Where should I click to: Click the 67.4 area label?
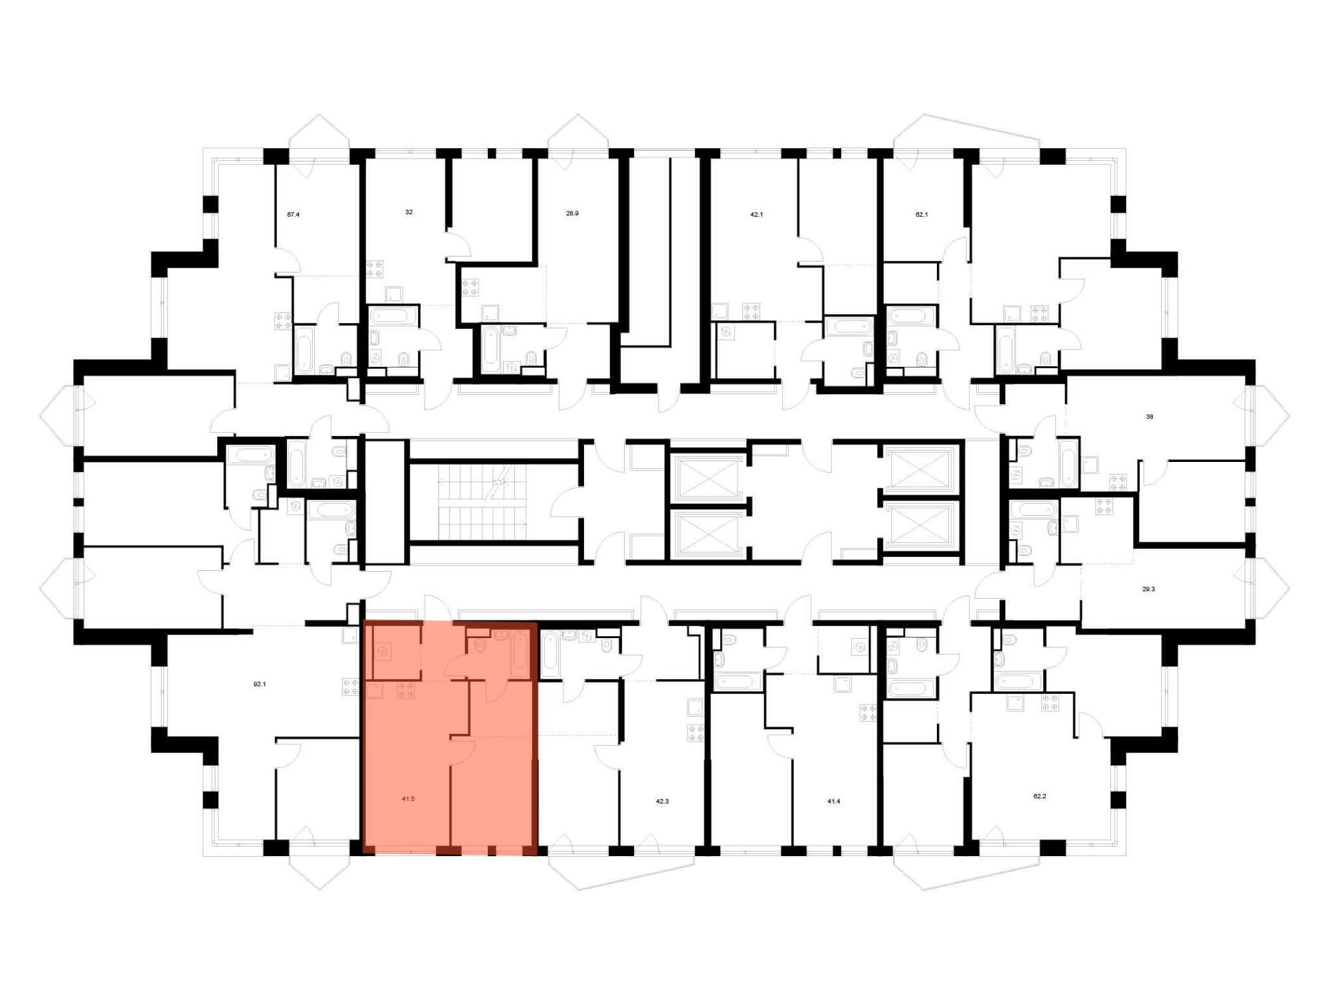point(293,215)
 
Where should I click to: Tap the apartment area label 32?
point(409,212)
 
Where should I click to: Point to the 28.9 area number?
point(572,213)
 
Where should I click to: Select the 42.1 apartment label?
point(756,215)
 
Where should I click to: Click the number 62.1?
point(922,215)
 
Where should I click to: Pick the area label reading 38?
point(1150,417)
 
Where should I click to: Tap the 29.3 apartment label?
point(1148,589)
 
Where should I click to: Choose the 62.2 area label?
point(1039,796)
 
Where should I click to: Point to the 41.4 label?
point(833,802)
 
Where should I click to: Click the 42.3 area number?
point(662,802)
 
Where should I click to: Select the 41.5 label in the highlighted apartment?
point(408,799)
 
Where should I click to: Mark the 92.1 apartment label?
point(260,684)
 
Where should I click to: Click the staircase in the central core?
point(482,502)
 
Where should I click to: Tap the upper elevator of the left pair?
point(707,477)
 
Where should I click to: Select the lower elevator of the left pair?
point(707,532)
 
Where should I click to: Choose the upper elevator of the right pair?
point(920,471)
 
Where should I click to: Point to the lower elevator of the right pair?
point(920,525)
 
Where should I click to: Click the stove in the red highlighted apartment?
point(406,691)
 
